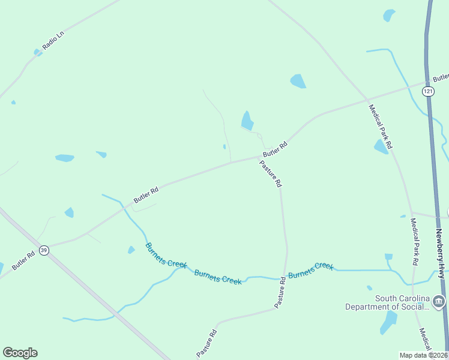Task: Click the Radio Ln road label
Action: (53, 40)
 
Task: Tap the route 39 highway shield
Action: (43, 250)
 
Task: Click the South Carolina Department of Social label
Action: (388, 302)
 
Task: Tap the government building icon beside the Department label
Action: (439, 301)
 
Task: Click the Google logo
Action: (20, 353)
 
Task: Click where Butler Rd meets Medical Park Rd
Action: (367, 99)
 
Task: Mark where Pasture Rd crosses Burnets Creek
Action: (284, 278)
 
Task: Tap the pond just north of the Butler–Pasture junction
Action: (247, 121)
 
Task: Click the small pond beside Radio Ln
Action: (38, 53)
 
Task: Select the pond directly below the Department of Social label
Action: (389, 323)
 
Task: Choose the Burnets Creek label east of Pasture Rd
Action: (310, 271)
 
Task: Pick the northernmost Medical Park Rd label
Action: (380, 127)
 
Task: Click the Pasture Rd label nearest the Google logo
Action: (205, 344)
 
